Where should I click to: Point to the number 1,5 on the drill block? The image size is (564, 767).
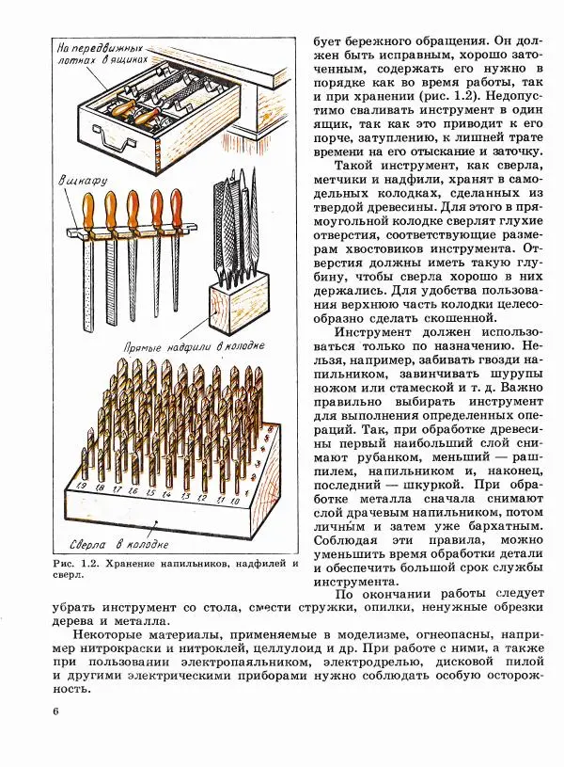(x=149, y=492)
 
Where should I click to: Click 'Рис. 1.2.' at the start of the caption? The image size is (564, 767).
(x=71, y=564)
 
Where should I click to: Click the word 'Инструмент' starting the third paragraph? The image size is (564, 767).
(x=376, y=332)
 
